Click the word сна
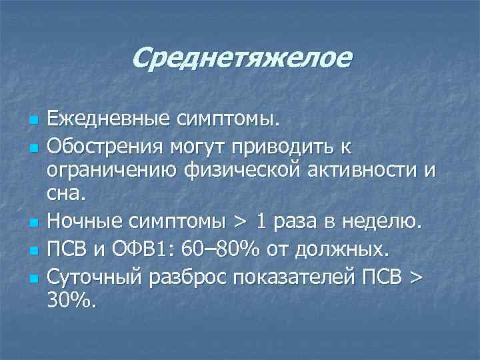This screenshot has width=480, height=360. pos(65,194)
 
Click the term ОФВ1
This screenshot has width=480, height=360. pos(151,251)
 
